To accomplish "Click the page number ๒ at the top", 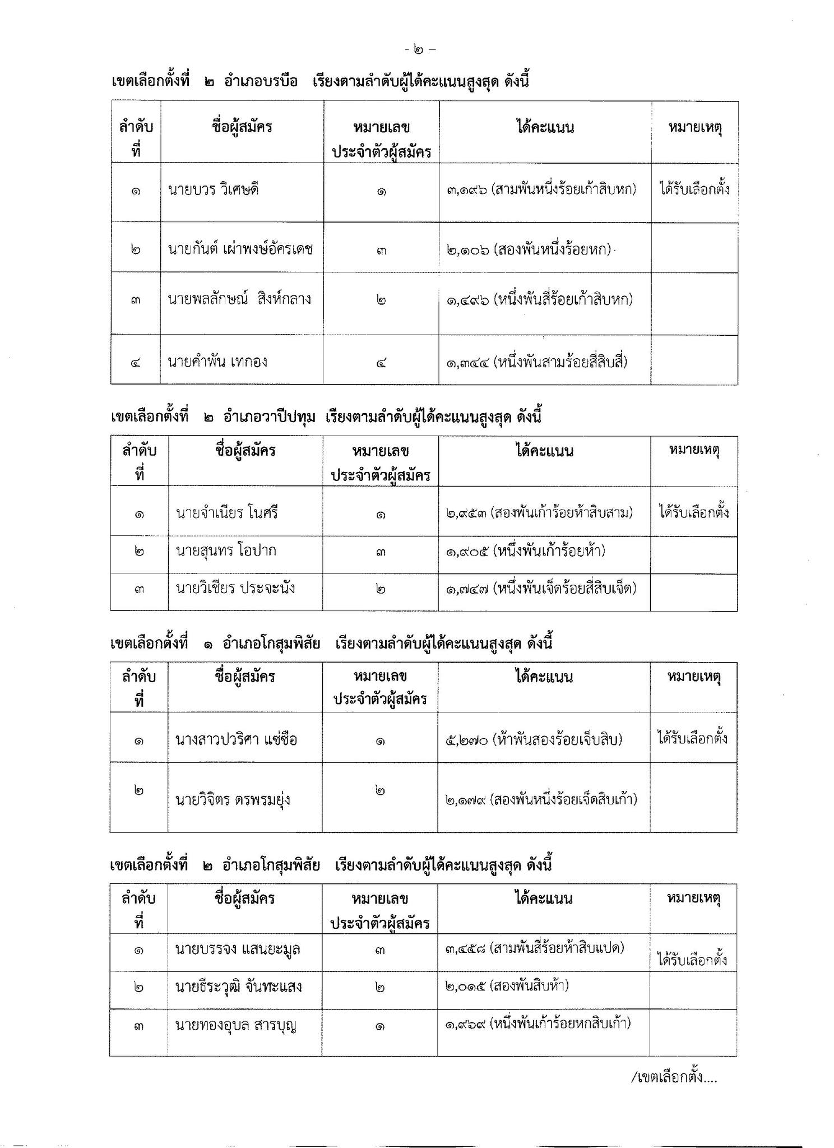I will [x=419, y=50].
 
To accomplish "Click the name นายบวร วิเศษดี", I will [x=213, y=190].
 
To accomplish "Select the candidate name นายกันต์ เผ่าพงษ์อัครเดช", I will [x=240, y=248].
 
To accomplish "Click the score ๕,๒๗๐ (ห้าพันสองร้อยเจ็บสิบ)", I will [x=534, y=740].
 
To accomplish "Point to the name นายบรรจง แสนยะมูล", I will [x=238, y=950].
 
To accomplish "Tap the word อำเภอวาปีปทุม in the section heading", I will [x=269, y=417].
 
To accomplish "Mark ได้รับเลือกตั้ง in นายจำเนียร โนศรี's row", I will [x=694, y=512].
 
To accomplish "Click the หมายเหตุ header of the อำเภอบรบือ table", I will [x=694, y=128].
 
